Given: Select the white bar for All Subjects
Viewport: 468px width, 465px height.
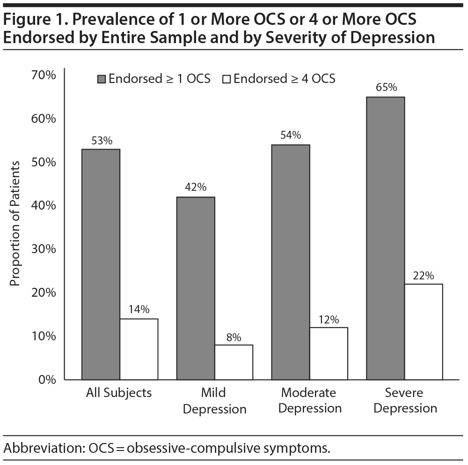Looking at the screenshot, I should tap(139, 349).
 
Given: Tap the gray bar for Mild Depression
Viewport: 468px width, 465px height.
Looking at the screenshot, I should tap(195, 288).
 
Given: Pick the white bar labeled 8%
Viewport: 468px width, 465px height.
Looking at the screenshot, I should tap(234, 362).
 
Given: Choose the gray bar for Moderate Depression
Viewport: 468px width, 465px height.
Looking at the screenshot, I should tap(291, 262).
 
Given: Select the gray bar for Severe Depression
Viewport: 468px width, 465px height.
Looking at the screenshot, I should tap(385, 238).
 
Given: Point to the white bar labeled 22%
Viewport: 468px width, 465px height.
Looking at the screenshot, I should tap(424, 331).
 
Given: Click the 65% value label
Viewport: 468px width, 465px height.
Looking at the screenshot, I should tap(386, 88).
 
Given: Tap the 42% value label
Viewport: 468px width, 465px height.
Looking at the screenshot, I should tap(195, 187).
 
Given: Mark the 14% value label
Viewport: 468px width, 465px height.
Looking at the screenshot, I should tap(139, 309).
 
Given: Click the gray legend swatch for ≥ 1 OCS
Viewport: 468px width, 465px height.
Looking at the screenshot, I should tap(102, 79).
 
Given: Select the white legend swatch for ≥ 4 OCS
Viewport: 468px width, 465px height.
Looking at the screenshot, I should tap(227, 79).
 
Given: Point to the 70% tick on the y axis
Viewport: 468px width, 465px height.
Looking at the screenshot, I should tap(44, 75).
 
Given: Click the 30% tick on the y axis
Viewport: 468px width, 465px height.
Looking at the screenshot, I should tap(44, 249).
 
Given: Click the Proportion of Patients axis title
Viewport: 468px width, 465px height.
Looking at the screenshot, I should tap(15, 224).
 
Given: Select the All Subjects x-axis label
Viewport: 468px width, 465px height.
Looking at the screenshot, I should tap(119, 392).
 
